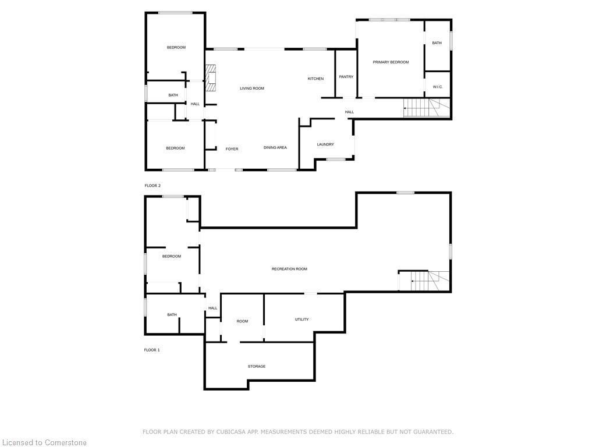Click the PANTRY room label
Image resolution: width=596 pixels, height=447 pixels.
(346, 77)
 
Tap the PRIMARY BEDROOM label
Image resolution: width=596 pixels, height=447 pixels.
(391, 62)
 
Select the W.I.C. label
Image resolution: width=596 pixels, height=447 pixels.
(438, 87)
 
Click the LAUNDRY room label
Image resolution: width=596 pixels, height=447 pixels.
(325, 144)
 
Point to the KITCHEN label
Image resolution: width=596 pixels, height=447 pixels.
(315, 79)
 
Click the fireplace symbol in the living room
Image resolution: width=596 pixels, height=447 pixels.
(211, 78)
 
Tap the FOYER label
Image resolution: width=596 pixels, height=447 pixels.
(232, 149)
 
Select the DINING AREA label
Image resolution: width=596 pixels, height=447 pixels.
(275, 148)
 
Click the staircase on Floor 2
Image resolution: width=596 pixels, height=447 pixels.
(427, 108)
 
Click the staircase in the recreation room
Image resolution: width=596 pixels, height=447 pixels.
(424, 281)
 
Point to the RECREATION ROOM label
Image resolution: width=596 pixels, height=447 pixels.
(289, 269)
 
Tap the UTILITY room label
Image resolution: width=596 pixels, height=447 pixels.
(301, 319)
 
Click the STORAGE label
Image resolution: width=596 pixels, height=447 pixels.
(257, 366)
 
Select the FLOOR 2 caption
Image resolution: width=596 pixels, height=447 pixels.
(152, 186)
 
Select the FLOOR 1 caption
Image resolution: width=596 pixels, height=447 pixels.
(152, 350)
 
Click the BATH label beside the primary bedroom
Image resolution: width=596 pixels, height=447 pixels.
(437, 43)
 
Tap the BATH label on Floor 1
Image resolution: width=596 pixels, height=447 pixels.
(172, 315)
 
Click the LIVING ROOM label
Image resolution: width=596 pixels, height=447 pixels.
(252, 88)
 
